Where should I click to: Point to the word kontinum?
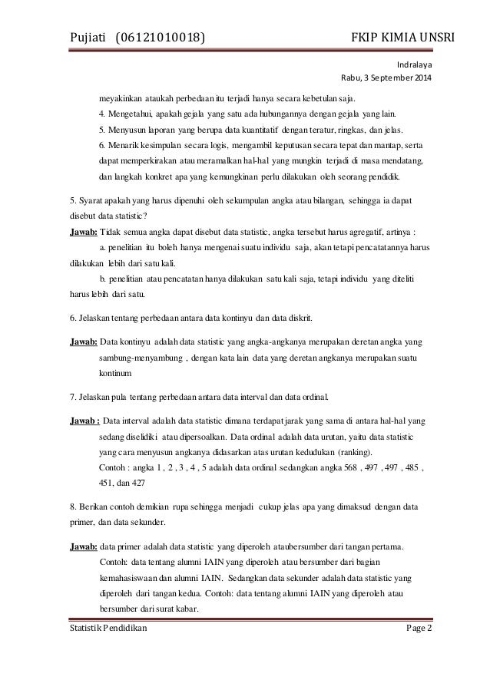click(115, 373)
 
